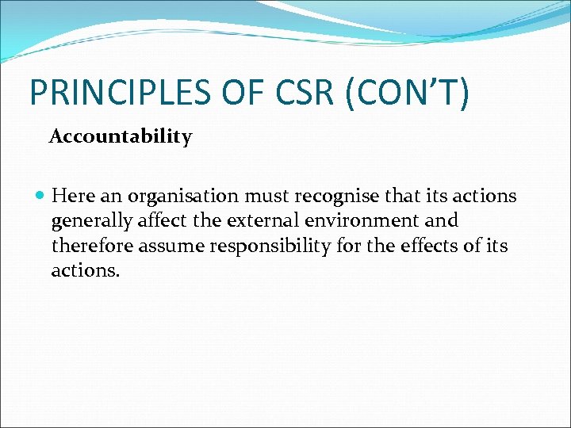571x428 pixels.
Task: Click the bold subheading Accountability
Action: click(x=121, y=137)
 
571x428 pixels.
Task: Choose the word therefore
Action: click(x=92, y=246)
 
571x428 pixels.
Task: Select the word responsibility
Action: click(x=270, y=246)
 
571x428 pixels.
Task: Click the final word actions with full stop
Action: click(x=86, y=270)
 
